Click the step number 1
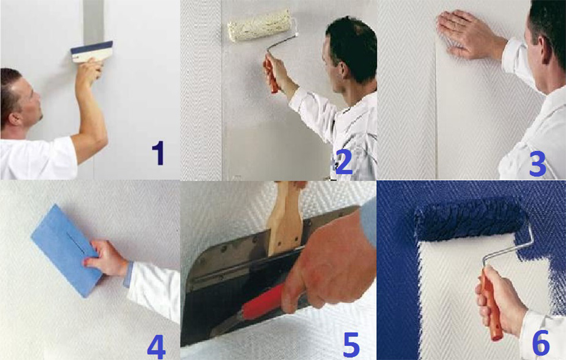coord(157,152)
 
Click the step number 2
coord(343,163)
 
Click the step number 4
coord(156,346)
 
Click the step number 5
coord(351,345)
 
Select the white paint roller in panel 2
coord(259,25)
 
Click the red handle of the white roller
coord(271,74)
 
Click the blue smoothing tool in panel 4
coord(65,247)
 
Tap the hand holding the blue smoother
coord(106,259)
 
